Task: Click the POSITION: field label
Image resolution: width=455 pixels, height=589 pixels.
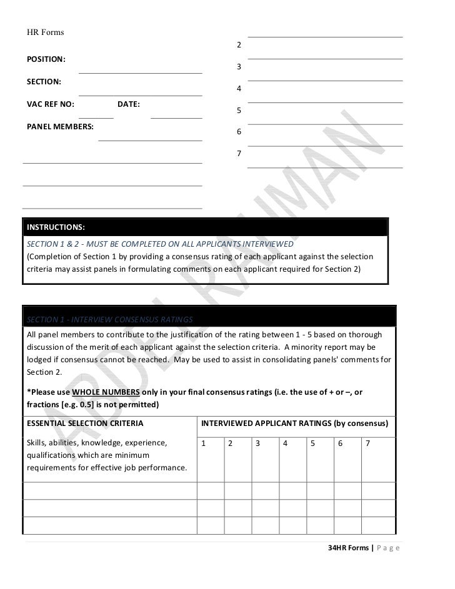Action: [46, 59]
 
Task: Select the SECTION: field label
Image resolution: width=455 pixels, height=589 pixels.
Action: [44, 82]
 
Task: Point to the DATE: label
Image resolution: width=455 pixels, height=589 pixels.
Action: [129, 104]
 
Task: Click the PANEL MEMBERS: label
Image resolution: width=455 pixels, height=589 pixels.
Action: [60, 127]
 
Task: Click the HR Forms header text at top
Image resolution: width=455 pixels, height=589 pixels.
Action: [45, 32]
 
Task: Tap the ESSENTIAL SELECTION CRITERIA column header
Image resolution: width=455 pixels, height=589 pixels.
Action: [85, 423]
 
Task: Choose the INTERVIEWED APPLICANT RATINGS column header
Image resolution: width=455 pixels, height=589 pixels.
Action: [294, 423]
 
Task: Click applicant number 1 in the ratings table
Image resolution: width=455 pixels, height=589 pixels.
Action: [204, 443]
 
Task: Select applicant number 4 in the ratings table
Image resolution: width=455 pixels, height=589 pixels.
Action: [285, 443]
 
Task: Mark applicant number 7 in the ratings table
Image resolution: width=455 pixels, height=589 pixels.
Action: [367, 443]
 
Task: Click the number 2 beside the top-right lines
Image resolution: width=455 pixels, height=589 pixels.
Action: [239, 46]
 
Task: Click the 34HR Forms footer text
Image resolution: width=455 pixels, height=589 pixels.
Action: [349, 548]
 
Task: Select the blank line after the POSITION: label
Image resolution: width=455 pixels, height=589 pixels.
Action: [140, 73]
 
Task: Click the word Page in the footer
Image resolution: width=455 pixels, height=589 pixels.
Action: [389, 548]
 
